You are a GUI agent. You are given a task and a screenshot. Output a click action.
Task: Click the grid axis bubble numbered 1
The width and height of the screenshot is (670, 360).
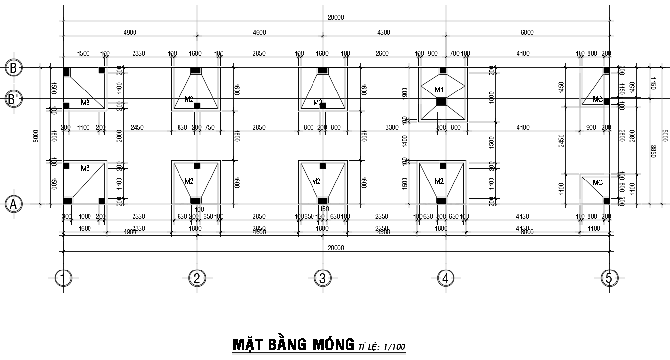point(63,279)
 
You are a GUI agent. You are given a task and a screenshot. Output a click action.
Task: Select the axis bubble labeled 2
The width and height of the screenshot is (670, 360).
point(197,279)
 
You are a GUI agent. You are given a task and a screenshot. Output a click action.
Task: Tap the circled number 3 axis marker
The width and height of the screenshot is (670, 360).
point(322,279)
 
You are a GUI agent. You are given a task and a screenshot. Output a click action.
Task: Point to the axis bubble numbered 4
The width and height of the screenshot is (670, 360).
point(446,279)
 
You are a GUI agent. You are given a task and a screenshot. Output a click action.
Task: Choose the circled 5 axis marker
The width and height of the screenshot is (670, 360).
point(609,279)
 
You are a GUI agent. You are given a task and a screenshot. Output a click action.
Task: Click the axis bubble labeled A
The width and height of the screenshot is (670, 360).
point(13,204)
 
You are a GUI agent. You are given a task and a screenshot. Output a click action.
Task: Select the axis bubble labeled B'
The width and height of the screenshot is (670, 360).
point(13,99)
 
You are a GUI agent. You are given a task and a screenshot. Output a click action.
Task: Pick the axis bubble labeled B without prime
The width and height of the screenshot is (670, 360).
point(13,68)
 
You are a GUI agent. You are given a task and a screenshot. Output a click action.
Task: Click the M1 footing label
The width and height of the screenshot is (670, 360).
point(439,90)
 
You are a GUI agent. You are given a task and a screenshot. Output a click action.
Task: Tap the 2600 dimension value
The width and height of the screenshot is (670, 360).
point(382,54)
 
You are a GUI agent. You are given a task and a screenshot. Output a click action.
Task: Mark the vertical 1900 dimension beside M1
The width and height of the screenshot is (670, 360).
point(405,92)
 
